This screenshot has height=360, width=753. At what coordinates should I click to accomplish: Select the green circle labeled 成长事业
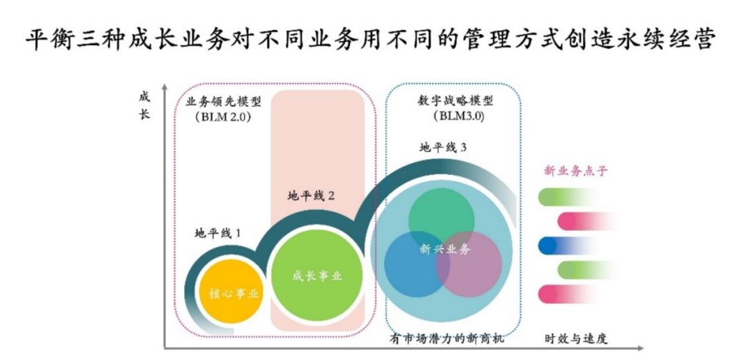pyautogui.click(x=317, y=276)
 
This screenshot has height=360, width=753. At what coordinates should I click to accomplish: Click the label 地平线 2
pyautogui.click(x=311, y=196)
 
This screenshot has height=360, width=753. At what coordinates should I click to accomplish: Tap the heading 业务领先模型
pyautogui.click(x=224, y=100)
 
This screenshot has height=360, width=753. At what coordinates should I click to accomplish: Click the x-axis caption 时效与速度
pyautogui.click(x=577, y=339)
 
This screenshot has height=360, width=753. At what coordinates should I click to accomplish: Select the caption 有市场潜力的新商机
pyautogui.click(x=446, y=339)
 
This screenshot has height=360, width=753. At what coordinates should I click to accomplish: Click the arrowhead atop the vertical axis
pyautogui.click(x=165, y=88)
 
